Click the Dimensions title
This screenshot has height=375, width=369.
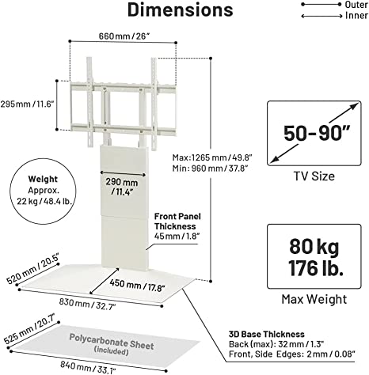pyautogui.click(x=181, y=9)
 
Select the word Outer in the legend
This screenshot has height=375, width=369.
pyautogui.click(x=356, y=5)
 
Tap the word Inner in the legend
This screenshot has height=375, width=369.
pyautogui.click(x=356, y=16)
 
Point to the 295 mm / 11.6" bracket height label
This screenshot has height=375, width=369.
pyautogui.click(x=27, y=104)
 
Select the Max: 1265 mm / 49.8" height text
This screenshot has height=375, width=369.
pyautogui.click(x=212, y=157)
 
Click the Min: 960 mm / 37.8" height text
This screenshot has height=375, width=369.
pyautogui.click(x=211, y=168)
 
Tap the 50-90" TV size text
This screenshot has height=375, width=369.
pyautogui.click(x=317, y=133)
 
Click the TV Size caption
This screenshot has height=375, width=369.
pyautogui.click(x=314, y=176)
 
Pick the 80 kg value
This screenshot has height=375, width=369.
pyautogui.click(x=314, y=247)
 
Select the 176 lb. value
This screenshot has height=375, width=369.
pyautogui.click(x=316, y=268)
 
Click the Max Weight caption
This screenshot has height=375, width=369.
pyautogui.click(x=314, y=299)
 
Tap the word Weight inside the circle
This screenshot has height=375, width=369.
pyautogui.click(x=43, y=179)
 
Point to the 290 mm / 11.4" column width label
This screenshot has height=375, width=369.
pyautogui.click(x=122, y=187)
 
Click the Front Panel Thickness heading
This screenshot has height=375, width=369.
pyautogui.click(x=177, y=222)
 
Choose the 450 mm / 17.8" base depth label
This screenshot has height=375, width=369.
pyautogui.click(x=137, y=285)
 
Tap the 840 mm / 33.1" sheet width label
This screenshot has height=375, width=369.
pyautogui.click(x=88, y=367)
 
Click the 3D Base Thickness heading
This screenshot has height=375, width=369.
pyautogui.click(x=267, y=335)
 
